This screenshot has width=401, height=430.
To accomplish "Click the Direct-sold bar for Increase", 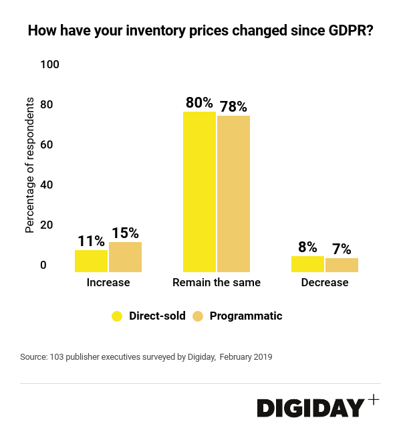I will pos(91,261).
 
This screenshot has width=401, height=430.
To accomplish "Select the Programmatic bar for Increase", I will pos(125,257).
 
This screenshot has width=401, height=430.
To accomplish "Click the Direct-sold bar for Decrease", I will pos(307,264).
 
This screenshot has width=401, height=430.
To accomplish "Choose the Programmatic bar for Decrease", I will pos(342,265).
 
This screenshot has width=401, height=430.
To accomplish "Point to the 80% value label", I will pos(199,104).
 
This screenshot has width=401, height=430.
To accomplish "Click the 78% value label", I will pos(233,107).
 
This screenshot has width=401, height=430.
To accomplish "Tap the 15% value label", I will pos(125,233).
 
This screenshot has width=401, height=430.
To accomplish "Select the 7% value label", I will pos(342,249).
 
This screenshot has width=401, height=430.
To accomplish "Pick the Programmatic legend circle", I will pos(198,316).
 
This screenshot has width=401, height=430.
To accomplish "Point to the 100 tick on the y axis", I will pos(50,64).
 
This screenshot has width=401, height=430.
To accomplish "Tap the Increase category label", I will pos(108,283).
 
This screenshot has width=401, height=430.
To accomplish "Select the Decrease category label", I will pos(325,283).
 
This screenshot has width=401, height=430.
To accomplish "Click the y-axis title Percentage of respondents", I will pos(30,165).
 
